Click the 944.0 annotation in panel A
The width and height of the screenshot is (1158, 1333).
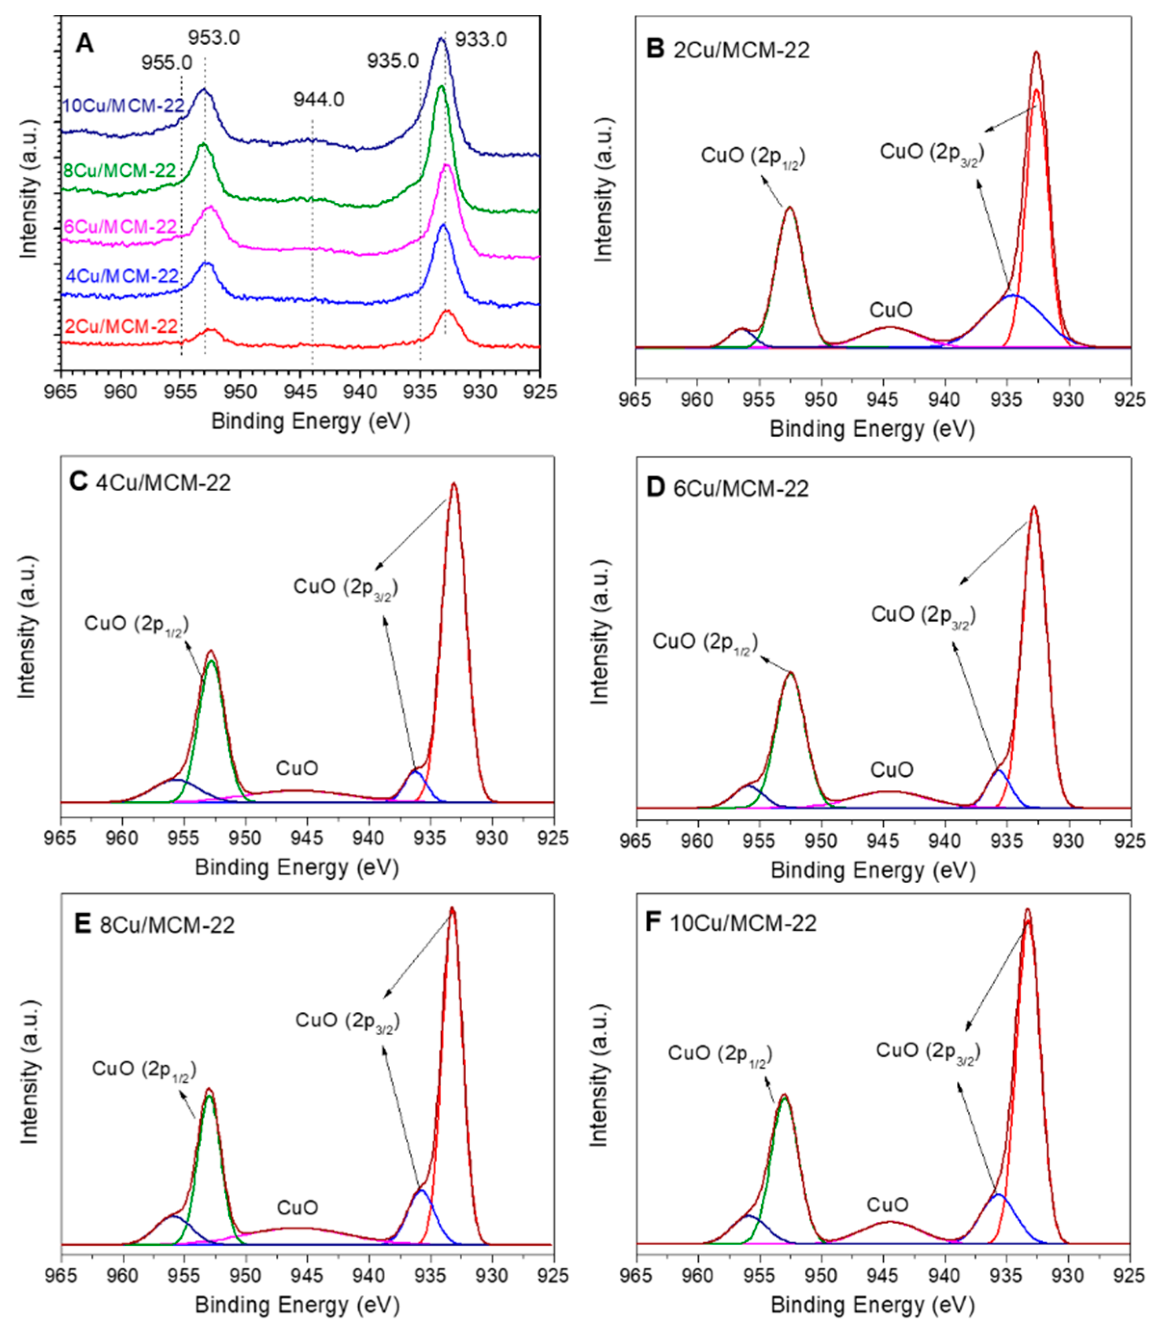[x=319, y=100]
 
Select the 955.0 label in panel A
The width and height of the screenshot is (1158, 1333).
[x=167, y=63]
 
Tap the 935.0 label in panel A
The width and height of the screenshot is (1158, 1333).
[x=393, y=61]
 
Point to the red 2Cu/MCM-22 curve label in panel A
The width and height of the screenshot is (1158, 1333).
[x=121, y=327]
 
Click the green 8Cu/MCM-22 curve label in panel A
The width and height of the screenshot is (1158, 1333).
[x=120, y=170]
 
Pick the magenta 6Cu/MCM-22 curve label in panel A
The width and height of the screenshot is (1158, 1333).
[x=120, y=227]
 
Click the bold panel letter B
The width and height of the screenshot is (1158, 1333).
[x=655, y=49]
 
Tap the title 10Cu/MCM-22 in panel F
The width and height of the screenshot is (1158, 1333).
[x=743, y=923]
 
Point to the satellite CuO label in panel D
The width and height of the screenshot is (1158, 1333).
[x=892, y=770]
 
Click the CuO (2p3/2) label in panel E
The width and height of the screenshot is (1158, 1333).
[x=348, y=1021]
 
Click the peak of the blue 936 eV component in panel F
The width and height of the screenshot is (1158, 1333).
[x=999, y=1195]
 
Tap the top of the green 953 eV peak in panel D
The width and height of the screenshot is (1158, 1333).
[x=790, y=673]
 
